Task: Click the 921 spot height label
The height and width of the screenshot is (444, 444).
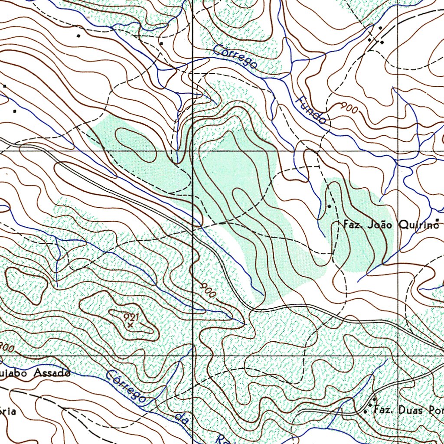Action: point(131,317)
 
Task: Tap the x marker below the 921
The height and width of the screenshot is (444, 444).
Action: point(130,324)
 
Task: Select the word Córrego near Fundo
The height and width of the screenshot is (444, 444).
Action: point(236,56)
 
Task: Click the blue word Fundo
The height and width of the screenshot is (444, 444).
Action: point(311,111)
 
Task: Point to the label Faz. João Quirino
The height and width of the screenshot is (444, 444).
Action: point(388,225)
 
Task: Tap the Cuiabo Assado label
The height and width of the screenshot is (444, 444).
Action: point(35,372)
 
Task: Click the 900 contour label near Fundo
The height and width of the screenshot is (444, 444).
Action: point(349,108)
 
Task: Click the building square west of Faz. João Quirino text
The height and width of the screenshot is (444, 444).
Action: point(329,206)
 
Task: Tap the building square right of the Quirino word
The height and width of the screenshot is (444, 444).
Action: point(437,220)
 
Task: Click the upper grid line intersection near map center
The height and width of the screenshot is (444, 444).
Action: point(193,151)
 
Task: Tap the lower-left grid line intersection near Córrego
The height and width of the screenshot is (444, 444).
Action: point(193,356)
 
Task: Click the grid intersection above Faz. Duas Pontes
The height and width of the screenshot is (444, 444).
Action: point(398,356)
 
